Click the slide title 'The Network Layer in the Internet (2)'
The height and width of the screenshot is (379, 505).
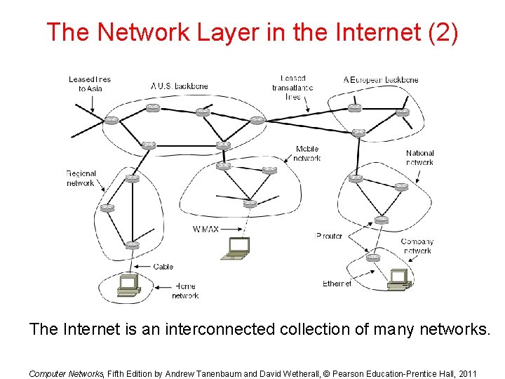pyautogui.click(x=252, y=32)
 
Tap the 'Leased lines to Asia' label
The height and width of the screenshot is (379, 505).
pyautogui.click(x=90, y=84)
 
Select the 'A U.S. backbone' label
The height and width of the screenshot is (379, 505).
pyautogui.click(x=180, y=86)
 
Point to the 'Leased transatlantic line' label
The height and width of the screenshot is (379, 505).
pyautogui.click(x=292, y=87)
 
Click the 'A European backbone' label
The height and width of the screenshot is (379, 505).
pyautogui.click(x=381, y=80)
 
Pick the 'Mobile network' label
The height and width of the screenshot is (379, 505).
pyautogui.click(x=307, y=154)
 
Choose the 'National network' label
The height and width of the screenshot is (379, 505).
pyautogui.click(x=419, y=157)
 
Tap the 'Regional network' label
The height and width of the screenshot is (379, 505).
pyautogui.click(x=81, y=178)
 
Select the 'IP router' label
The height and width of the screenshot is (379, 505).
pyautogui.click(x=329, y=236)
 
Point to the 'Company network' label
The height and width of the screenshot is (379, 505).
pyautogui.click(x=417, y=246)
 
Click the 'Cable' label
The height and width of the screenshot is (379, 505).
pyautogui.click(x=163, y=267)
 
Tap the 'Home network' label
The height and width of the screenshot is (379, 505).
pyautogui.click(x=185, y=291)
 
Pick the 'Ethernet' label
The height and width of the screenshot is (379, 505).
pyautogui.click(x=337, y=284)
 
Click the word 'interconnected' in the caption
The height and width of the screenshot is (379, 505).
pyautogui.click(x=220, y=329)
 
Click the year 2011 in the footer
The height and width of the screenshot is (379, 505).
pyautogui.click(x=466, y=374)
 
